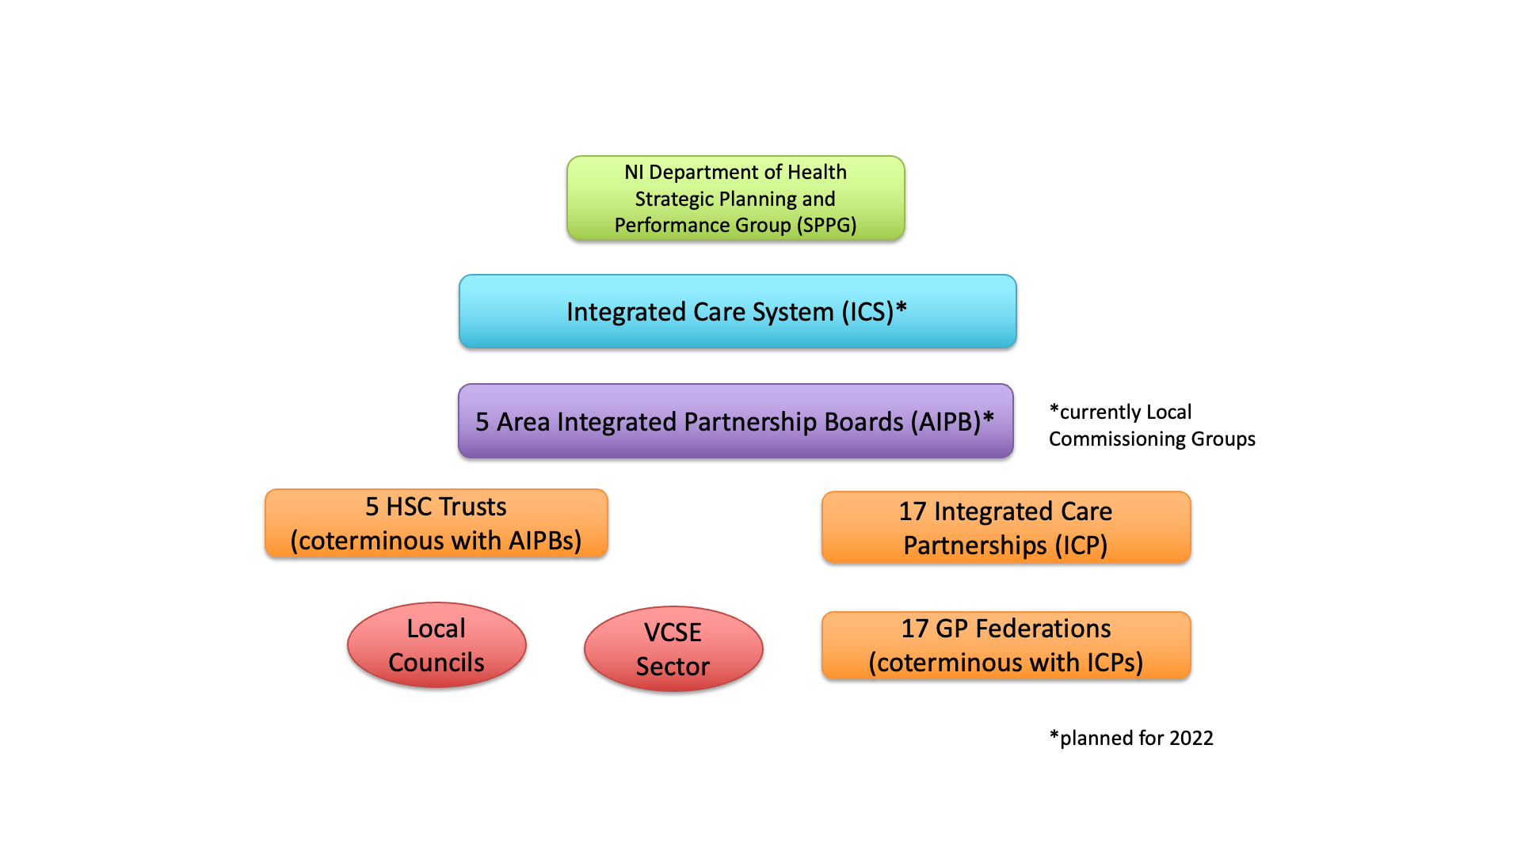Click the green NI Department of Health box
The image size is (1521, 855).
[735, 198]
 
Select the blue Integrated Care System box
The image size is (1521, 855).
[737, 311]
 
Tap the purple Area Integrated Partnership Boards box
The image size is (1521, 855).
[735, 421]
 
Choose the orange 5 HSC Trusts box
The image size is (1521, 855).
[436, 523]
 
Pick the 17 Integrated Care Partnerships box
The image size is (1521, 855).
[1005, 527]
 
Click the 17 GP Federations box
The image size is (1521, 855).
[1005, 645]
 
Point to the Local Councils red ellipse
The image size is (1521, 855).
[436, 645]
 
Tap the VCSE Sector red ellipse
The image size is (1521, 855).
[673, 649]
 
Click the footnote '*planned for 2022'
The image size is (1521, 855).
[1130, 738]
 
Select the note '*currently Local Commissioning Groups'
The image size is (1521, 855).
[1151, 425]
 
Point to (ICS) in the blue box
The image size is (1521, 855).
[867, 312]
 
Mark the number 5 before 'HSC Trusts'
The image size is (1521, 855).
[372, 507]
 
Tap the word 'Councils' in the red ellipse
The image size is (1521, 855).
[436, 663]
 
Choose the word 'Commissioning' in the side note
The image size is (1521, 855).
[1112, 439]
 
